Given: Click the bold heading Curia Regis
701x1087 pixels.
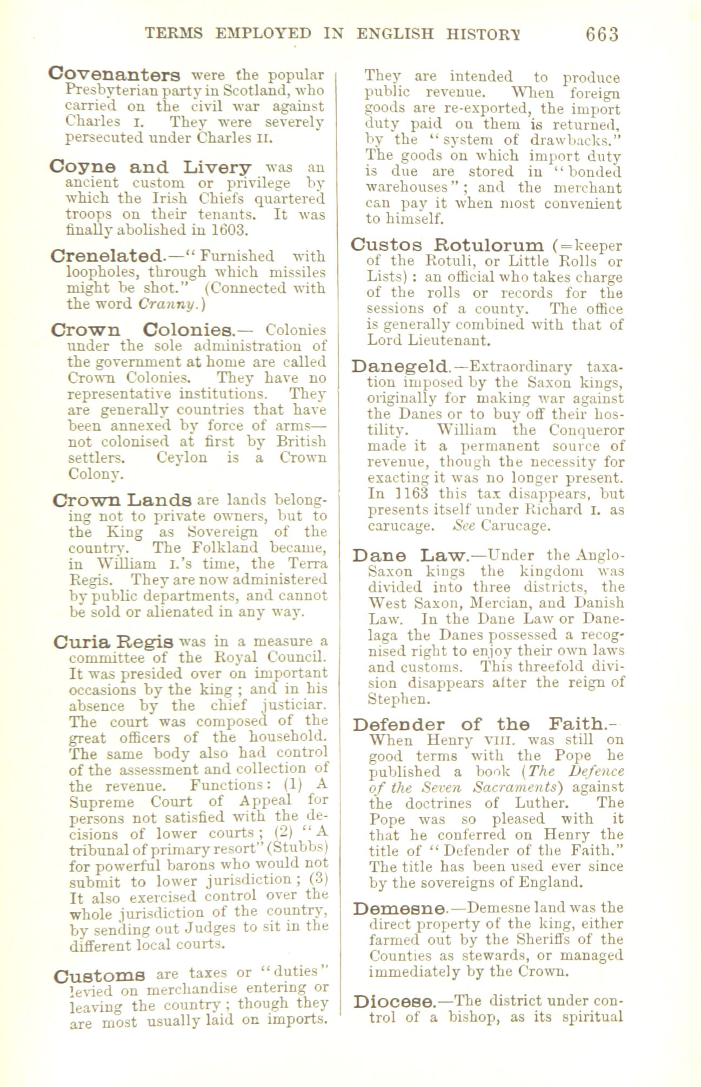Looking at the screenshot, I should click(x=114, y=643).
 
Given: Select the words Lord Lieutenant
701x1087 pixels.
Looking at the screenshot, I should click(x=429, y=341).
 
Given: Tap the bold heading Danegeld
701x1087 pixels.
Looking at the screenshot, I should click(x=399, y=367).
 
